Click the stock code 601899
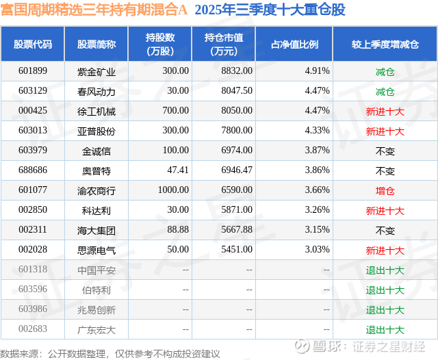coord(33,71)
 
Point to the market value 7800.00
coord(237,131)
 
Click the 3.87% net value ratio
coord(317,151)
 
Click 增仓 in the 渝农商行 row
coord(385,190)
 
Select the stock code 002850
coord(33,210)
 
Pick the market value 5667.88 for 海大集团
coord(237,230)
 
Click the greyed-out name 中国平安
coord(96,270)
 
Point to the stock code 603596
coord(33,290)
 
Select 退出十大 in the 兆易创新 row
coord(385,309)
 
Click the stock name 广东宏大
coord(96,329)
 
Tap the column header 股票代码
coord(33,44)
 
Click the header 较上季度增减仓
coord(385,44)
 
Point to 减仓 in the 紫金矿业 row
coord(385,71)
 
